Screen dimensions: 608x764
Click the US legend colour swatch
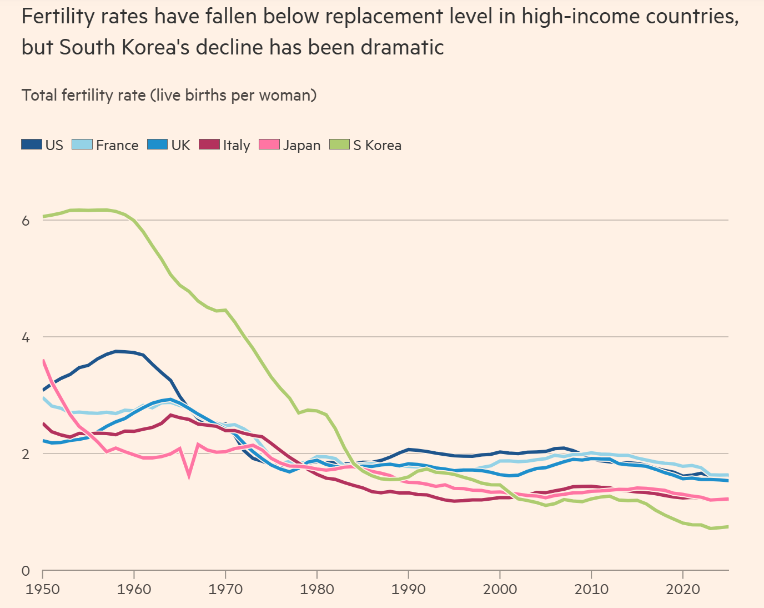point(32,145)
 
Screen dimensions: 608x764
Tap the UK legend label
point(180,146)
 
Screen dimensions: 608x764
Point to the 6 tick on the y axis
point(26,221)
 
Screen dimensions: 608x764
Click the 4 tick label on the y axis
point(26,337)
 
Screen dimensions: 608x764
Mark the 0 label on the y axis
point(26,571)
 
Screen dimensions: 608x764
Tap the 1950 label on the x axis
point(43,589)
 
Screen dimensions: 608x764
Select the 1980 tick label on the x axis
point(317,589)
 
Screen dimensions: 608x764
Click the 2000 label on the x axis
point(500,589)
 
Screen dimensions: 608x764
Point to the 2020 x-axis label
point(682,589)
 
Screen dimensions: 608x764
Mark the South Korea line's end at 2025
point(728,526)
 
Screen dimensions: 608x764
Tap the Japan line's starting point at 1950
point(43,360)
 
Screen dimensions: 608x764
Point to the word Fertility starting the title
point(58,17)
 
